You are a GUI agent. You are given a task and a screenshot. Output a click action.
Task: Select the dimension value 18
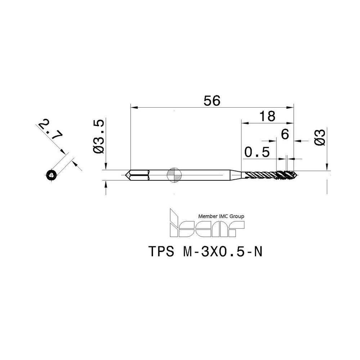coord(267,116)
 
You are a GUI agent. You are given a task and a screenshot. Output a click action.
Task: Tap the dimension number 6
coord(285,134)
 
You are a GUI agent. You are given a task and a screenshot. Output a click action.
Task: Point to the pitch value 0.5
coord(257,152)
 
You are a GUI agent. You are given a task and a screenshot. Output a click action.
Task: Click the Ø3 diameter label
coord(320,137)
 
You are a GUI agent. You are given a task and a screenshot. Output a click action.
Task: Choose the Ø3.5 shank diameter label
coord(99,137)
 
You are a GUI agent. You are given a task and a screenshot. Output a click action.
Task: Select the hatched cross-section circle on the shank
coord(174,175)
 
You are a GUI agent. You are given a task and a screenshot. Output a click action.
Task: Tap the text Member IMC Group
coord(221,216)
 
